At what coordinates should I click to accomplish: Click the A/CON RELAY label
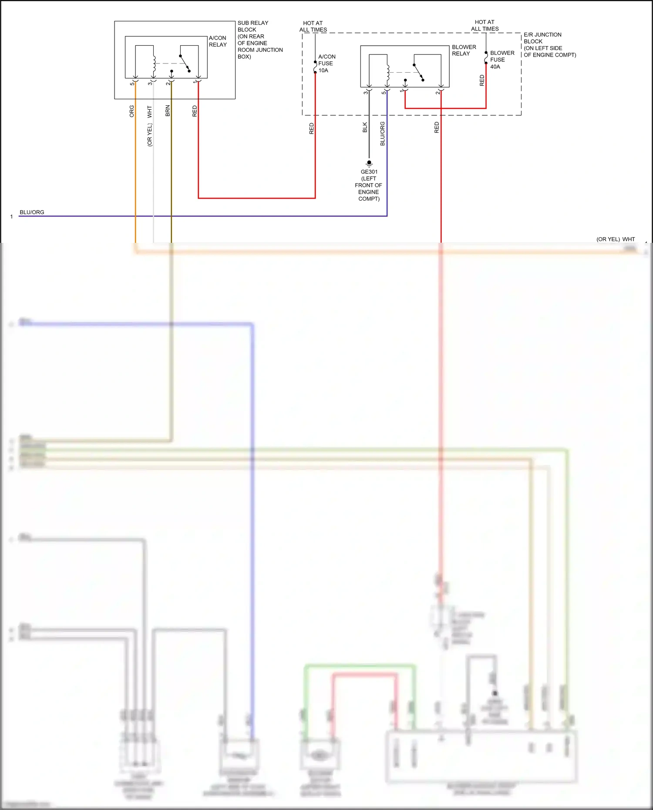[x=218, y=41]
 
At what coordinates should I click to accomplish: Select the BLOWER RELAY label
[x=464, y=50]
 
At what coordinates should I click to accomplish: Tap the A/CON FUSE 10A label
[x=326, y=64]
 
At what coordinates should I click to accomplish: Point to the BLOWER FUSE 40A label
[x=502, y=60]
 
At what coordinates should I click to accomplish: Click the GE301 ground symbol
[x=369, y=164]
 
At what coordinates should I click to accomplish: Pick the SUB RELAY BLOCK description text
[x=259, y=40]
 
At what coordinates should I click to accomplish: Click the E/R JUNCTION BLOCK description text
[x=549, y=45]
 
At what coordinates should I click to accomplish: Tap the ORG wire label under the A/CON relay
[x=132, y=111]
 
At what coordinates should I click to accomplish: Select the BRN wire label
[x=168, y=111]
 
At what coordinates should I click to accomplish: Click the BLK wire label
[x=365, y=127]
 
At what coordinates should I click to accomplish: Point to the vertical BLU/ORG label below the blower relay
[x=383, y=134]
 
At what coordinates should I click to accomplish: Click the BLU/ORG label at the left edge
[x=32, y=212]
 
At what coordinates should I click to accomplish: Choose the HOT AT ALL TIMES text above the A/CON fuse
[x=313, y=27]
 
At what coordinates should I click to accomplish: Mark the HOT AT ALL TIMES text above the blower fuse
[x=485, y=25]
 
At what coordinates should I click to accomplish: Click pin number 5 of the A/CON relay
[x=132, y=83]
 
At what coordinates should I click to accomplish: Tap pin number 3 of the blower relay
[x=366, y=92]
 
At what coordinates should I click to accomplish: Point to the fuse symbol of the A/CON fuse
[x=315, y=67]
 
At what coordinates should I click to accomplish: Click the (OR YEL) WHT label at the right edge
[x=616, y=239]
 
